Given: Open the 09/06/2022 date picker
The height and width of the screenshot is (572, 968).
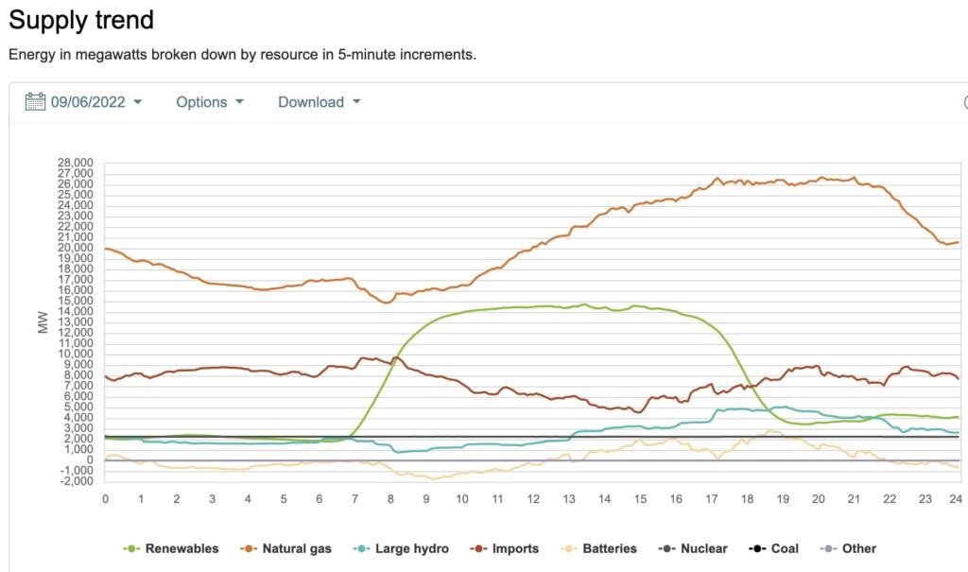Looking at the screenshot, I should tap(94, 102).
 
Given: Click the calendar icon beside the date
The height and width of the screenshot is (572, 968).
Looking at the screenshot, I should tap(35, 102).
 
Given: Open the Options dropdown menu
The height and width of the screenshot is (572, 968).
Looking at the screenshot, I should tap(209, 102).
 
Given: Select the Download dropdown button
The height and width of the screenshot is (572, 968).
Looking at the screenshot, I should tap(319, 102).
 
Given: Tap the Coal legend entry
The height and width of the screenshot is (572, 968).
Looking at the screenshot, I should tap(774, 548).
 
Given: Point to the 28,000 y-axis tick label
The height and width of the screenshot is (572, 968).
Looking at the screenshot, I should tap(75, 163).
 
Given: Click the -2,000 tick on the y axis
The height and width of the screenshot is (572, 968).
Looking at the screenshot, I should tap(75, 481).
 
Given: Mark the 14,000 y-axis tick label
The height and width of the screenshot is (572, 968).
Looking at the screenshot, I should tap(75, 311).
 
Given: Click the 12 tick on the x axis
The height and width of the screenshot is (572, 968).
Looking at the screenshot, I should tap(533, 499).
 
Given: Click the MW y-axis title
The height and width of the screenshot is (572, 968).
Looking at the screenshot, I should tap(43, 321).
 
